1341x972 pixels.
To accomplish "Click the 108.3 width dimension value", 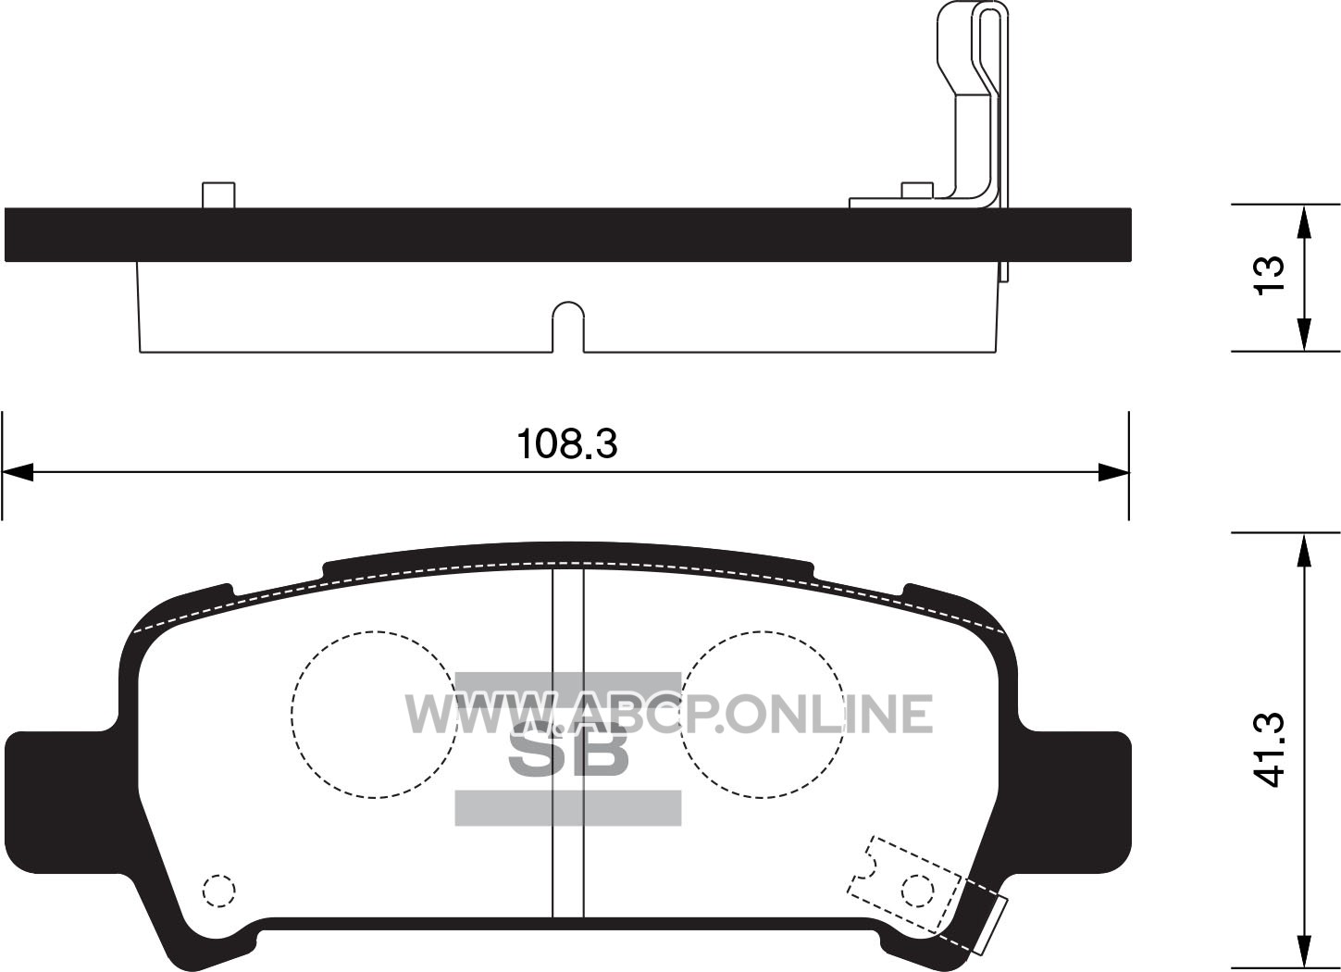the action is [567, 443].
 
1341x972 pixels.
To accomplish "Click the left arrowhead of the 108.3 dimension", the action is [17, 472].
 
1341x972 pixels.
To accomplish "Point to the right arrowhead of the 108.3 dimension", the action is [1113, 472].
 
